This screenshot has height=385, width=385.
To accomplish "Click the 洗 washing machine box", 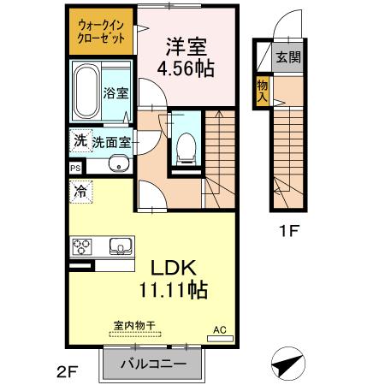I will click(x=80, y=139).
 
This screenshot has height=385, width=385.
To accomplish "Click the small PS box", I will click(x=75, y=169).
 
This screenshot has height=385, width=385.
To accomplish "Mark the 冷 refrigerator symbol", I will click(x=80, y=193).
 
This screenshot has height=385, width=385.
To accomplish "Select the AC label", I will click(x=219, y=329).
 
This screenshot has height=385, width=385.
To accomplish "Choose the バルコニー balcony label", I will click(x=152, y=364).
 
